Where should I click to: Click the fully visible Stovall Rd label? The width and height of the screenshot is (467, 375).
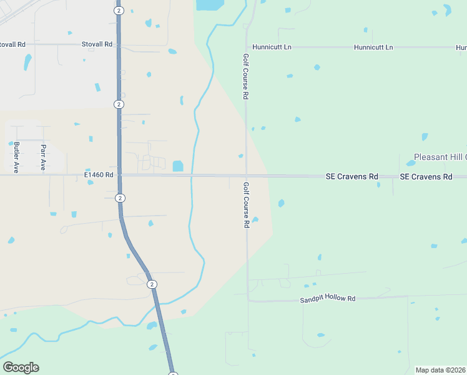coord(97,44)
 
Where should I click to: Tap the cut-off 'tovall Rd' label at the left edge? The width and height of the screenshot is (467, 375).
coord(12,44)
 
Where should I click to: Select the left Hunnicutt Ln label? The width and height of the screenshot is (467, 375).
coord(272,47)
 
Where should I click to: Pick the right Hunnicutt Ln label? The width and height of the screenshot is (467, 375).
coord(373,47)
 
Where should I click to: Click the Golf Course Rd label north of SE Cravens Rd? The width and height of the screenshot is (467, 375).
coord(246,76)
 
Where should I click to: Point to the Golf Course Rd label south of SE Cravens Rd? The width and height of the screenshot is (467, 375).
coord(247,205)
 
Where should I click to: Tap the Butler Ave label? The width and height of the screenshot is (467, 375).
coord(17,157)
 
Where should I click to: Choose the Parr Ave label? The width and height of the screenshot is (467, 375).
coord(43,157)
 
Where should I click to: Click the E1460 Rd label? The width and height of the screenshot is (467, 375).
coord(99,176)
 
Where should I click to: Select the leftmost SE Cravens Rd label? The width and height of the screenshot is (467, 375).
coord(352,177)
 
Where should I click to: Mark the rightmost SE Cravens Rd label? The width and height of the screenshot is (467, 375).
coord(426,177)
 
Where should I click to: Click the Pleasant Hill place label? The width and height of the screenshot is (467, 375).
coord(440,157)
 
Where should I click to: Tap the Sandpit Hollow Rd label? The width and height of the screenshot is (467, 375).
coord(327,299)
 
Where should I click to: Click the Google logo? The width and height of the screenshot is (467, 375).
coord(21,367)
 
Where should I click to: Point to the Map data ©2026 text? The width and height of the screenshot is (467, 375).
coord(441,370)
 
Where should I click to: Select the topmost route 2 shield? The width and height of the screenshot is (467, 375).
coord(119,11)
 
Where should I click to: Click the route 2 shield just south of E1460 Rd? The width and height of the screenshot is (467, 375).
coord(119,198)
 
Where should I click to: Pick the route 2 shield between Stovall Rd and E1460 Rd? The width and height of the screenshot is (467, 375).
coord(118,104)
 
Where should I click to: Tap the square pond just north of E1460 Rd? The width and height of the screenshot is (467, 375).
coord(178,166)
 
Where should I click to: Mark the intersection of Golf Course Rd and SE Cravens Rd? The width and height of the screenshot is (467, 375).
coord(247,176)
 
